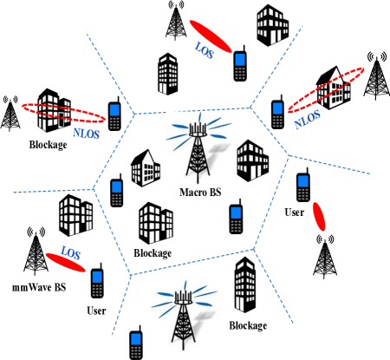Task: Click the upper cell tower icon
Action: (x=199, y=147)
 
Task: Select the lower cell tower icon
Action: (x=184, y=315)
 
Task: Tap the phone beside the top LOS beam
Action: (x=240, y=66)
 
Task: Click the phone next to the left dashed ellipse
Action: (x=114, y=116)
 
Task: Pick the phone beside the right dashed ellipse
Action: (x=277, y=115)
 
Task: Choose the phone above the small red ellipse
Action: (x=303, y=187)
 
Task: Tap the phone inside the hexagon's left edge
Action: (x=116, y=193)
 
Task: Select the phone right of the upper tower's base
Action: (x=236, y=219)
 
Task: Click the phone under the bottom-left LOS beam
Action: (x=97, y=283)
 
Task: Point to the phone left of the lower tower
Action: (x=136, y=344)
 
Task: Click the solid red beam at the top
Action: (x=211, y=36)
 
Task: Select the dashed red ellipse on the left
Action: (x=64, y=113)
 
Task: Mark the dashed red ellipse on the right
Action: (x=326, y=90)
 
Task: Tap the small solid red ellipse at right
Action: (x=319, y=217)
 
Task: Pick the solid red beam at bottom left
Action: (x=66, y=262)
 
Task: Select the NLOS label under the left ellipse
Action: (x=87, y=134)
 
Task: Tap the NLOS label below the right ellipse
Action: (x=307, y=120)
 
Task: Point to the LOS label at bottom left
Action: (x=70, y=254)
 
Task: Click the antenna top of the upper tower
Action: (x=198, y=126)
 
